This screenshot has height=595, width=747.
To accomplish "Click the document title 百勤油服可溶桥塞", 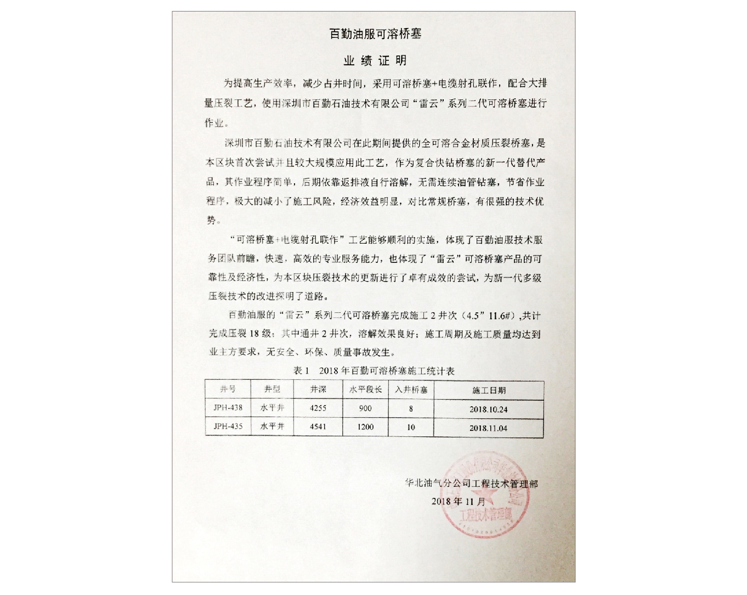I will pyautogui.click(x=375, y=34).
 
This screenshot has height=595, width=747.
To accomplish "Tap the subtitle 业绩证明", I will pyautogui.click(x=375, y=60).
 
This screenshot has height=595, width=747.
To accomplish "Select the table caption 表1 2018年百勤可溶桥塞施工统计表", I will pyautogui.click(x=374, y=371).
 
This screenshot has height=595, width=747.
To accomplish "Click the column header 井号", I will pyautogui.click(x=228, y=389).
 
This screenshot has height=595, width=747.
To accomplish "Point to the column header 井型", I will pyautogui.click(x=272, y=389).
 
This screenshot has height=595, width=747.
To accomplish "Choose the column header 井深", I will pyautogui.click(x=318, y=389).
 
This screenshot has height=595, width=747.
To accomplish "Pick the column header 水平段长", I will pyautogui.click(x=365, y=390).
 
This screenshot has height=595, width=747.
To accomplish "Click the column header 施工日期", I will pyautogui.click(x=489, y=390).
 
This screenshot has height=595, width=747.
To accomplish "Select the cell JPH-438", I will pyautogui.click(x=228, y=408).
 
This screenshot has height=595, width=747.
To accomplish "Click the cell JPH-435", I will pyautogui.click(x=228, y=426).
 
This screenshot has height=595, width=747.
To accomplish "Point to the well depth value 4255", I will pyautogui.click(x=318, y=408).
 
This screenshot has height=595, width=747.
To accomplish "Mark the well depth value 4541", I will pyautogui.click(x=318, y=426).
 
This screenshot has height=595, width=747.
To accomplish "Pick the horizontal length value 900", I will pyautogui.click(x=365, y=408).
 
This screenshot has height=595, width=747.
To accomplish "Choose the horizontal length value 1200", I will pyautogui.click(x=365, y=427).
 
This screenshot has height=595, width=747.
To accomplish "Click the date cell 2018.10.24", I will pyautogui.click(x=489, y=409).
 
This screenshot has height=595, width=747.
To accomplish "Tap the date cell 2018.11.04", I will pyautogui.click(x=489, y=428).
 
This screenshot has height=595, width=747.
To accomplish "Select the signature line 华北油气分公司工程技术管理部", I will pyautogui.click(x=471, y=484).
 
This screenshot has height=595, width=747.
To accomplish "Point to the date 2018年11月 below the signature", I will pyautogui.click(x=458, y=501).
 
